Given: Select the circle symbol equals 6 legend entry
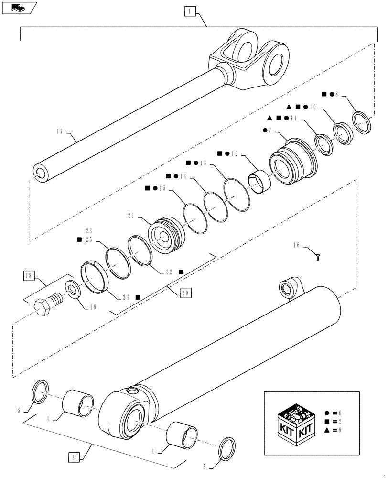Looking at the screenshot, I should tap(333, 413).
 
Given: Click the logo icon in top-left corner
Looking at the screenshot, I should tap(19, 7).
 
